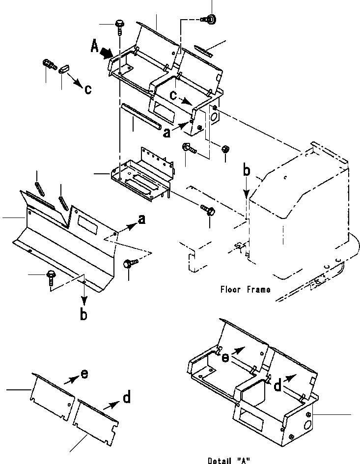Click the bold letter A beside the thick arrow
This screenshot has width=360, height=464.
[94, 47]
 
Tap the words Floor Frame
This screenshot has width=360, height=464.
[245, 289]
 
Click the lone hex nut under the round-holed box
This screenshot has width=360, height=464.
[225, 149]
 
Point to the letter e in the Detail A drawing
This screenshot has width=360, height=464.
[225, 358]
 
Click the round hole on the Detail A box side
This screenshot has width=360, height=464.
[307, 425]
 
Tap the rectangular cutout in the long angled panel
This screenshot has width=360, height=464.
[87, 225]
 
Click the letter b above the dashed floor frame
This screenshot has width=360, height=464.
[247, 171]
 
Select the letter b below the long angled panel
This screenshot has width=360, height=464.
[84, 314]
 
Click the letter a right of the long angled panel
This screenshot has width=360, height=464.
[142, 219]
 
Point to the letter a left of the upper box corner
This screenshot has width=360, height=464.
[167, 133]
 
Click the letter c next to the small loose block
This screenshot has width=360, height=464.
[88, 89]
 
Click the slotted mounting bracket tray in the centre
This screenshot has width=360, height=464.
[142, 175]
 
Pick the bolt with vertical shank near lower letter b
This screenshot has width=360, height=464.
[50, 278]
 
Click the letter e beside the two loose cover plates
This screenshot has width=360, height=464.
[84, 374]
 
